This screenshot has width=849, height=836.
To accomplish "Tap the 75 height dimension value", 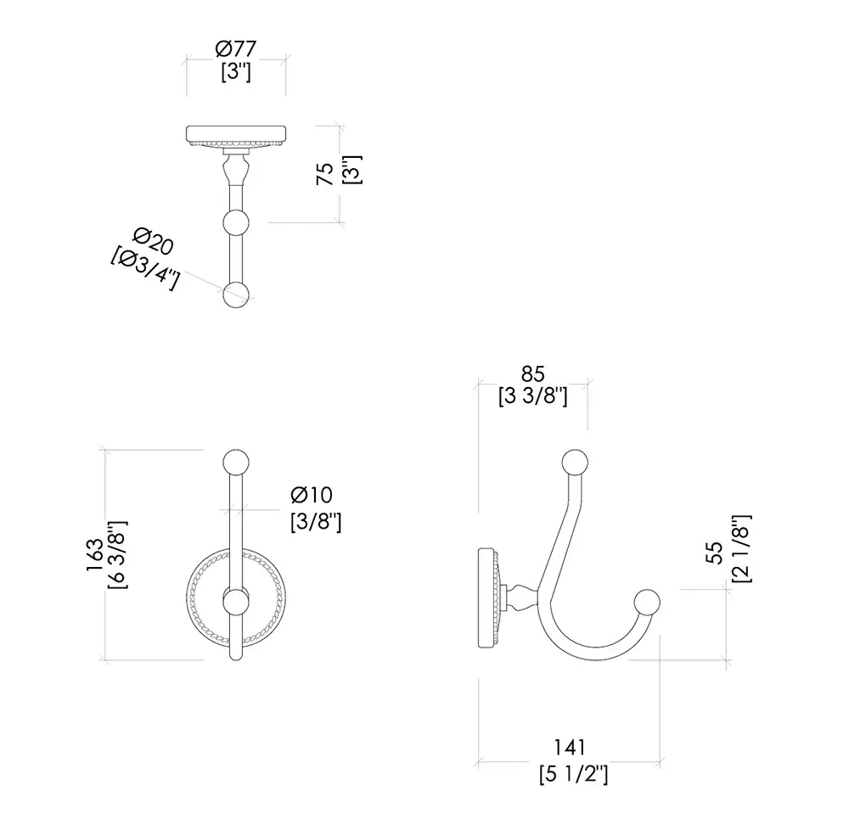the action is coord(325,174).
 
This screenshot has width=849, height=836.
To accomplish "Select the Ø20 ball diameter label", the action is coord(153,242).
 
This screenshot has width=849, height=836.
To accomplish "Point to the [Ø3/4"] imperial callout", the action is coord(144,269).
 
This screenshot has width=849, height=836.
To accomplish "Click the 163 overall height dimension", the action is coord(94,555).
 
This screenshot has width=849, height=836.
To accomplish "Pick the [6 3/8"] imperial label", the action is coord(118,555).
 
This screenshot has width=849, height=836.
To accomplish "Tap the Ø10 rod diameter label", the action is coord(312,494).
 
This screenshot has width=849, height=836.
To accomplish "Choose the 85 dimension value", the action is coord(533,373).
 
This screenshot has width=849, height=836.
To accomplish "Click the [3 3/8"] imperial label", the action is coord(533,397).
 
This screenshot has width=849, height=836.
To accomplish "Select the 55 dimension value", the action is coord(715,553).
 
